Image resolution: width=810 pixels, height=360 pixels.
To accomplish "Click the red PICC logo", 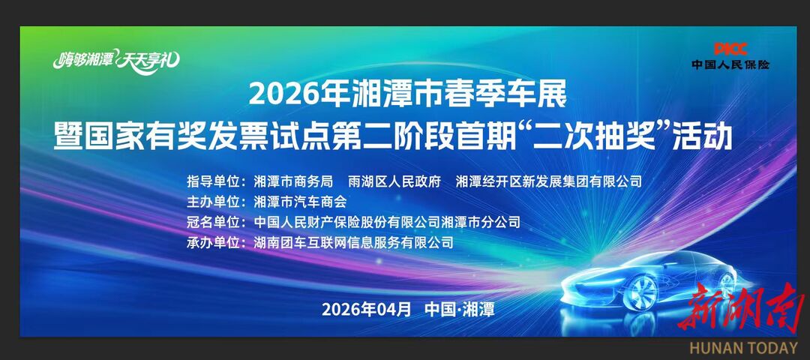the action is coord(730,49).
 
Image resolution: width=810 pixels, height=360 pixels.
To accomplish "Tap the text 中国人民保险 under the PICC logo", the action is coord(730,64).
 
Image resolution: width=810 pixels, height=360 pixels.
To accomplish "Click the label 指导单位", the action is coord(213,181).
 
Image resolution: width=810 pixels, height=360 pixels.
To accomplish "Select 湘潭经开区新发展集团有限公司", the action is coord(549,181).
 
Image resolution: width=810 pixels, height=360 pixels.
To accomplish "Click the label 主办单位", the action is coord(213,202).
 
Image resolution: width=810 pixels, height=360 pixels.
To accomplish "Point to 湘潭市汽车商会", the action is coord(299,202).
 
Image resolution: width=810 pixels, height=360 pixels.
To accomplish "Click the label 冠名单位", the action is coord(213,222).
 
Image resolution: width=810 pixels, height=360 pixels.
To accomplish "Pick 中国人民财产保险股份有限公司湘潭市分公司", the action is coord(387,222).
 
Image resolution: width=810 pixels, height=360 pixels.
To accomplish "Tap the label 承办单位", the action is coord(213,242).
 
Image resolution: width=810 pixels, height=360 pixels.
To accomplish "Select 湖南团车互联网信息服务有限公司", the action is coord(353,242).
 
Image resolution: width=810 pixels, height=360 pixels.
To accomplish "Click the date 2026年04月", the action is coord(366,309).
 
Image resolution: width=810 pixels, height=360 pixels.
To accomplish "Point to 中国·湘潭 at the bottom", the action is coord(460,309).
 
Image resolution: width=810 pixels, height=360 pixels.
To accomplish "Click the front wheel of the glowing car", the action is coord(640,292).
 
